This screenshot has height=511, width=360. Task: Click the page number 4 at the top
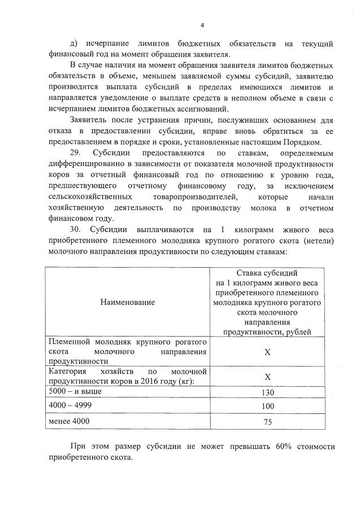pos(202,25)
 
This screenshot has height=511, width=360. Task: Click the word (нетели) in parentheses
pos(317,240)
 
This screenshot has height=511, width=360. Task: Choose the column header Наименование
pos(128,303)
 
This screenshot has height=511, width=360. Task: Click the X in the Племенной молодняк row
pos(268,352)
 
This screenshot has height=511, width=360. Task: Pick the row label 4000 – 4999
pos(69,406)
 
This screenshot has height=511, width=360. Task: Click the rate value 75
pos(268,422)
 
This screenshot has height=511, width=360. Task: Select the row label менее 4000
pos(69,421)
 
